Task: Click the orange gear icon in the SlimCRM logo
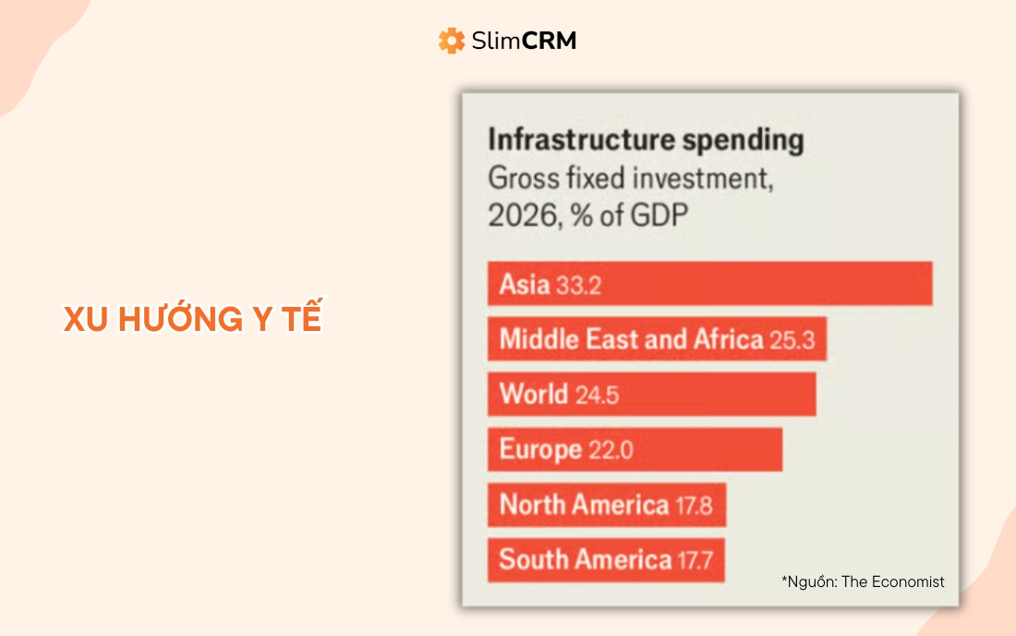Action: tap(452, 41)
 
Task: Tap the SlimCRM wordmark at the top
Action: tap(523, 41)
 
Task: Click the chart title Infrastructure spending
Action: tap(646, 141)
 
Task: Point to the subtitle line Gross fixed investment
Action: tap(629, 177)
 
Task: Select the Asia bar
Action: tap(709, 284)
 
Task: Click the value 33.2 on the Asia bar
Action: tap(579, 285)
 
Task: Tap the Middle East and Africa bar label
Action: tap(631, 339)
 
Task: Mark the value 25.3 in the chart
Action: tap(792, 340)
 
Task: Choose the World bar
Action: tap(651, 395)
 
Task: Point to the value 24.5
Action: tap(597, 396)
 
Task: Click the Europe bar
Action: tap(635, 450)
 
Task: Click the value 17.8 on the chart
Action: tap(693, 506)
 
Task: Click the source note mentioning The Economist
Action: tap(863, 581)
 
